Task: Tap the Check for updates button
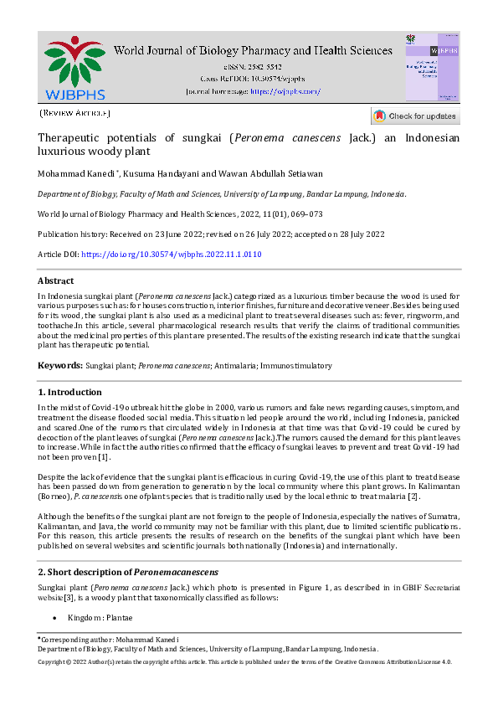[415, 116]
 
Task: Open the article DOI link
[171, 254]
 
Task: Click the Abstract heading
[55, 281]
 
